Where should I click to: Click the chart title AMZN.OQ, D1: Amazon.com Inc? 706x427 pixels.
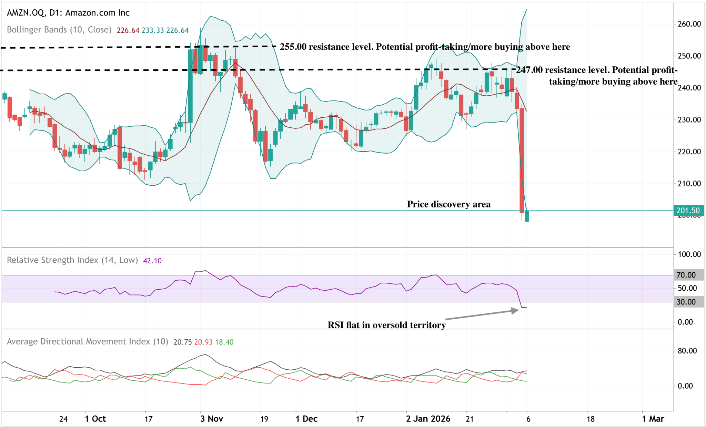pos(68,13)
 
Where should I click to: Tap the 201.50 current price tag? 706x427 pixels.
pos(688,211)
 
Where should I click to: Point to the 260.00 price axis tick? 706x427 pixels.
pos(689,24)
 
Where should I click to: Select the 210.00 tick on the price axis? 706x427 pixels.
pos(689,184)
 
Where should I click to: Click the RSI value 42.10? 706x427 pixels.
pos(152,261)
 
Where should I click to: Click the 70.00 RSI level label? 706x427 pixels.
pos(686,275)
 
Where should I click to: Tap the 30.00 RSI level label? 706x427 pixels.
pos(686,302)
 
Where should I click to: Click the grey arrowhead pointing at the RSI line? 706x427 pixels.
pos(515,311)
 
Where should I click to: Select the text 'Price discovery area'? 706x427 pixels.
pos(448,204)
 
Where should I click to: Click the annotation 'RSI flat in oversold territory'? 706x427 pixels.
pos(386,325)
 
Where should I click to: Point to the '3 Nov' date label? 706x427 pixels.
pos(212,419)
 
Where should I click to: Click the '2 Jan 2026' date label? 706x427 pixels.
pos(428,419)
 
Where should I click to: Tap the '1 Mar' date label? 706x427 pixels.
pos(653,419)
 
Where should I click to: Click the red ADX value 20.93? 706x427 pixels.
pos(203,342)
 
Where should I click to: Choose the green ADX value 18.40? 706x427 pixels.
pos(224,342)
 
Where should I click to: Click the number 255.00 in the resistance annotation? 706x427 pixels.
pos(293,47)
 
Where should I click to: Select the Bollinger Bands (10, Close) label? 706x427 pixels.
pos(59,30)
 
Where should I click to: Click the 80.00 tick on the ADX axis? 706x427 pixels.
pos(687,351)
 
